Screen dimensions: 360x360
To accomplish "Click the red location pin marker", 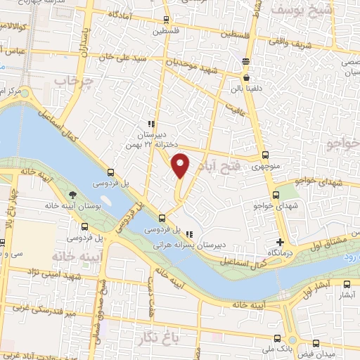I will [181, 166].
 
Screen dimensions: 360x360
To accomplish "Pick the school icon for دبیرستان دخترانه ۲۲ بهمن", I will [151, 123].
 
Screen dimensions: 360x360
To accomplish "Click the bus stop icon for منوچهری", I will [265, 155].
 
